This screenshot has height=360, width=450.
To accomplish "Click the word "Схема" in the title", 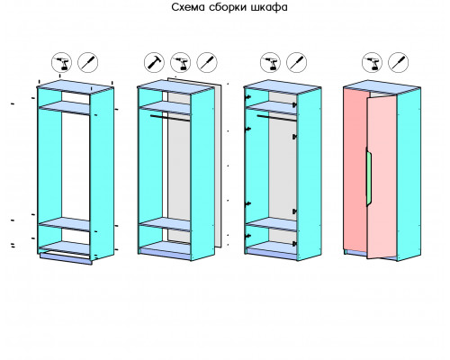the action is pyautogui.click(x=188, y=7).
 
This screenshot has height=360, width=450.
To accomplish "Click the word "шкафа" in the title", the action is pyautogui.click(x=269, y=7).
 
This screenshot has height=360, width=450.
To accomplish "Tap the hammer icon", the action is pyautogui.click(x=154, y=62).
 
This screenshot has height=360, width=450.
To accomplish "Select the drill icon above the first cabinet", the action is pyautogui.click(x=61, y=62).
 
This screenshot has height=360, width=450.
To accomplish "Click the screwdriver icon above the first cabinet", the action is pyautogui.click(x=87, y=62).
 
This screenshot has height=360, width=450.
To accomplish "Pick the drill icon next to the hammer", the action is pyautogui.click(x=181, y=62).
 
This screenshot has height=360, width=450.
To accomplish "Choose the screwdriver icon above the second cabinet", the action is pyautogui.click(x=207, y=62).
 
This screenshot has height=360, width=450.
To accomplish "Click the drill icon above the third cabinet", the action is pyautogui.click(x=270, y=62).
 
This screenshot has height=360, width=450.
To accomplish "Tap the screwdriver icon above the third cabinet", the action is pyautogui.click(x=296, y=62).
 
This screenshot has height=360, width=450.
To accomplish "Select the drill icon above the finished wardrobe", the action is pyautogui.click(x=372, y=62).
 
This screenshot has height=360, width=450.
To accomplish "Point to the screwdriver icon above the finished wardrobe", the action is pyautogui.click(x=398, y=62).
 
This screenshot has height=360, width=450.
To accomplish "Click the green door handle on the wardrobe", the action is pyautogui.click(x=369, y=177).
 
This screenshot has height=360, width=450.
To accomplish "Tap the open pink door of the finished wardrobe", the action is pyautogui.click(x=382, y=177).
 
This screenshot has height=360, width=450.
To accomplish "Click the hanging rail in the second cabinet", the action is pyautogui.click(x=170, y=117).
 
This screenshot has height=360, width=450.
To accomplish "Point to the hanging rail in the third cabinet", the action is pyautogui.click(x=276, y=117).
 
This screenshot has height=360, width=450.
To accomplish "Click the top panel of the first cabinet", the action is pyautogui.click(x=75, y=87).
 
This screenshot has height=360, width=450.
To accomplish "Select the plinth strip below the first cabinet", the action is pyautogui.click(x=66, y=258).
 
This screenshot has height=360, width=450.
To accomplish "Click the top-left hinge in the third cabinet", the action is pyautogui.click(x=248, y=97).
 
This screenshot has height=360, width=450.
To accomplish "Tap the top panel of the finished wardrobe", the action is pyautogui.click(x=382, y=87).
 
